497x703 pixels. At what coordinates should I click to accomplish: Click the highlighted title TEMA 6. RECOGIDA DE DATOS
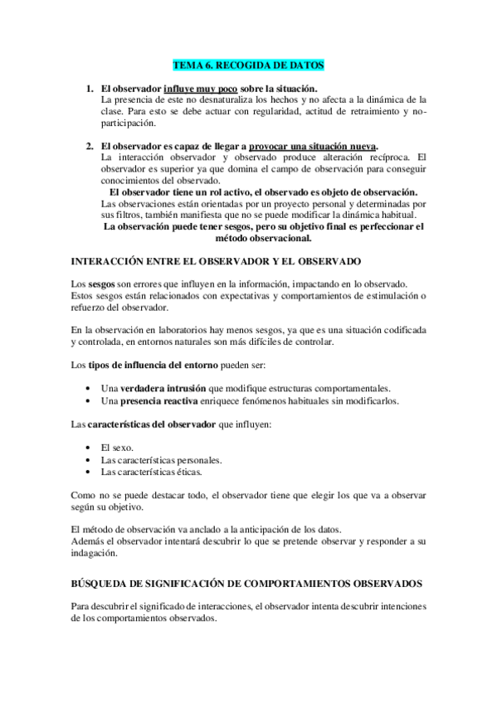tap(248, 65)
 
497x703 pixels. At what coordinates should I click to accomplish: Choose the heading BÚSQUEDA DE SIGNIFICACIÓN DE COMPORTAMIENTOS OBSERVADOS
tap(247, 584)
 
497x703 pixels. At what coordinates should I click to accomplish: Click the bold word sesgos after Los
tap(102, 284)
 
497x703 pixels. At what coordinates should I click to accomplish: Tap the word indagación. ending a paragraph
tap(95, 554)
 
